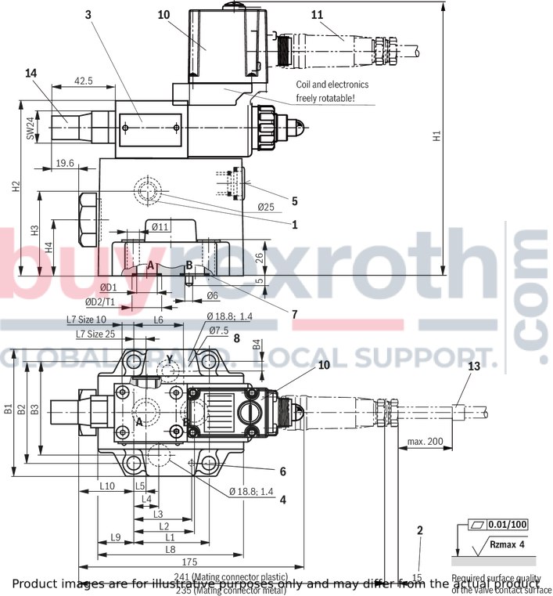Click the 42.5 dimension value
(84, 81)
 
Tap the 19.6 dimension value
(65, 163)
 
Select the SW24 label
(31, 128)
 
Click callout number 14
(31, 73)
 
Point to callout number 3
(89, 14)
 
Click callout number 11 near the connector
(316, 14)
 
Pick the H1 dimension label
(437, 136)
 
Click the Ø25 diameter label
(266, 207)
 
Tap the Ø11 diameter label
(160, 227)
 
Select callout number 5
(294, 200)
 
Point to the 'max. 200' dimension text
(425, 442)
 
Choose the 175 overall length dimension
(189, 562)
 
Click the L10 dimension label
(108, 486)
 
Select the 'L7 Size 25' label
(95, 334)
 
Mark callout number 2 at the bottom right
(419, 530)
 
